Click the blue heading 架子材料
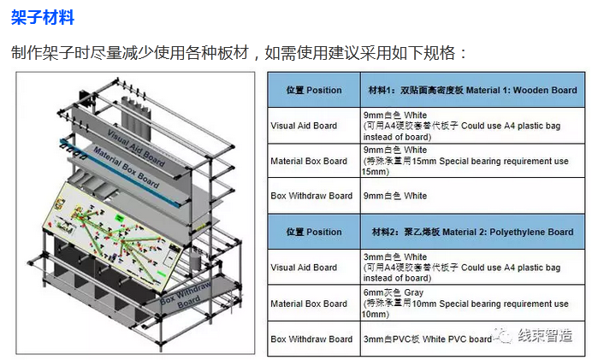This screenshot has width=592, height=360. pos(42,17)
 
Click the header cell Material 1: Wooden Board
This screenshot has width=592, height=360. pos(471,90)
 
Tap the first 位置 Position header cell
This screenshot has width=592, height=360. pos(313,90)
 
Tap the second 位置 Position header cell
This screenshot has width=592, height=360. pos(313,232)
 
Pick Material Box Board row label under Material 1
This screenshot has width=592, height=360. pos(309,161)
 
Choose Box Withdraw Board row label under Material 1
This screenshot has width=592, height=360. pos(311,196)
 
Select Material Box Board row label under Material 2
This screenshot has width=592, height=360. pos(309,304)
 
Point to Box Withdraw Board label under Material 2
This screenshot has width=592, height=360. pos(311,339)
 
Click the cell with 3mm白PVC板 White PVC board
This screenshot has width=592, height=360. pos(428,339)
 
